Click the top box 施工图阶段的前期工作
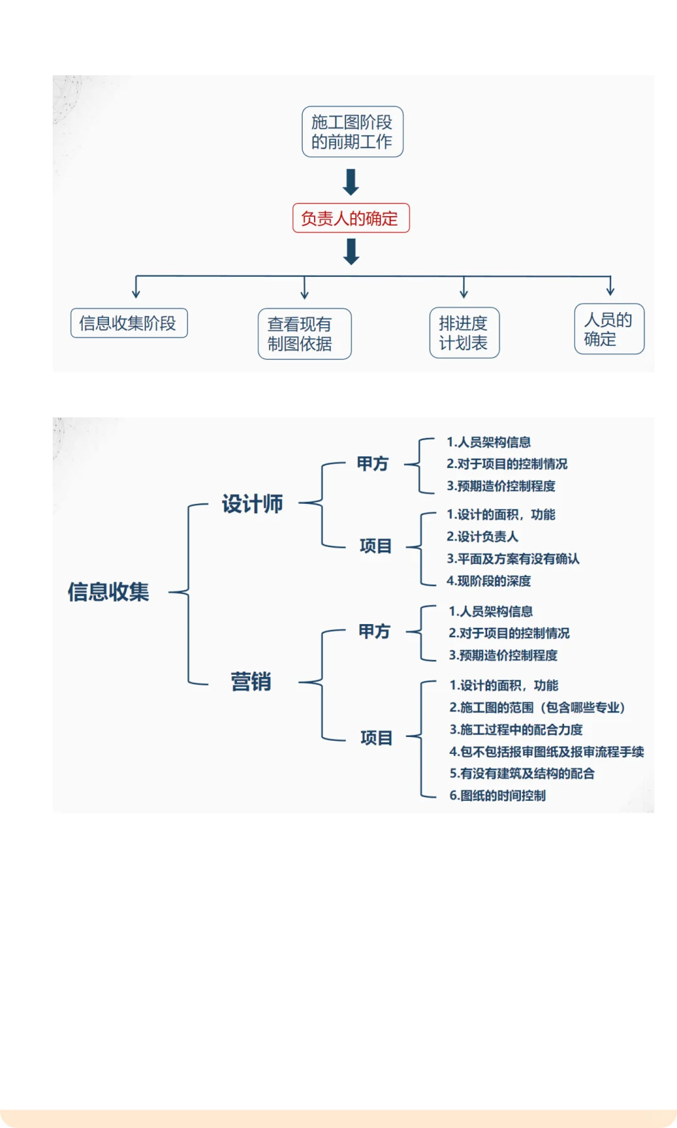coord(352,132)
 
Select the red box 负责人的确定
coord(350,218)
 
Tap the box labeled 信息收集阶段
coord(129,323)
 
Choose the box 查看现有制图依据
coord(304,333)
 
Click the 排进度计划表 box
coord(464,333)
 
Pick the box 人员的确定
coord(609,330)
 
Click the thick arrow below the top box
coord(351,182)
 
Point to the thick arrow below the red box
coord(351,251)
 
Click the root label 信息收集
coord(108,592)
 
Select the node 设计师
coord(252,504)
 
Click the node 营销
coord(251,682)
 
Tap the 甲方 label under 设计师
coord(373,464)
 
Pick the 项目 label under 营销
coord(376,738)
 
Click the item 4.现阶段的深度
coord(488,581)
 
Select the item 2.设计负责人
coord(482,536)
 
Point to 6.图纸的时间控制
coord(497,795)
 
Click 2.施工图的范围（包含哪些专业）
coord(537,708)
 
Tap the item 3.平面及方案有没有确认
coord(513,558)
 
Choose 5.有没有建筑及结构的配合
coord(522,773)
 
